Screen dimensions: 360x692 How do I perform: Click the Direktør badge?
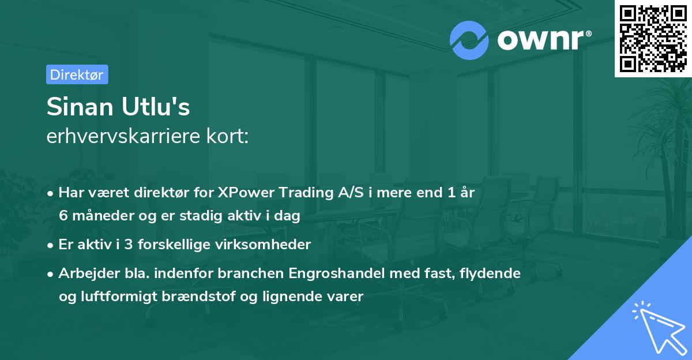click(x=77, y=74)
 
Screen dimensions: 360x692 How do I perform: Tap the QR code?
click(x=653, y=38)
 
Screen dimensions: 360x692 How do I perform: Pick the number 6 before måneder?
click(x=63, y=216)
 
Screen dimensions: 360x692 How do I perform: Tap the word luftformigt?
click(x=124, y=297)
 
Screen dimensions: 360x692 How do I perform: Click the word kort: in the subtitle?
click(x=229, y=136)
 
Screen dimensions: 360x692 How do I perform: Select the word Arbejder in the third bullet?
click(x=84, y=273)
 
